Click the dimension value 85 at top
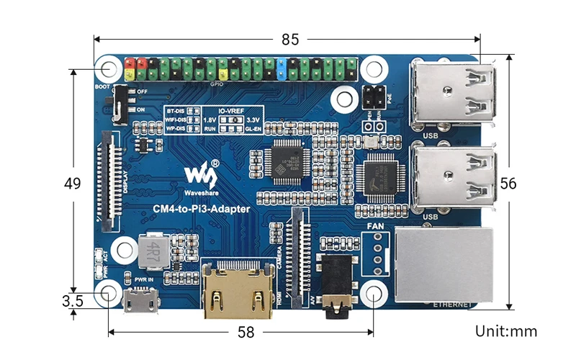click(289, 40)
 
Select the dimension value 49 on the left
click(72, 184)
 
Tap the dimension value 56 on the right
click(508, 184)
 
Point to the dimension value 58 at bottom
click(246, 332)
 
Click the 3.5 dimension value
click(72, 301)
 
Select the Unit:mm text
click(506, 331)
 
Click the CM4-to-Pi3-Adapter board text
click(201, 210)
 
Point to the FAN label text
click(375, 227)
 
